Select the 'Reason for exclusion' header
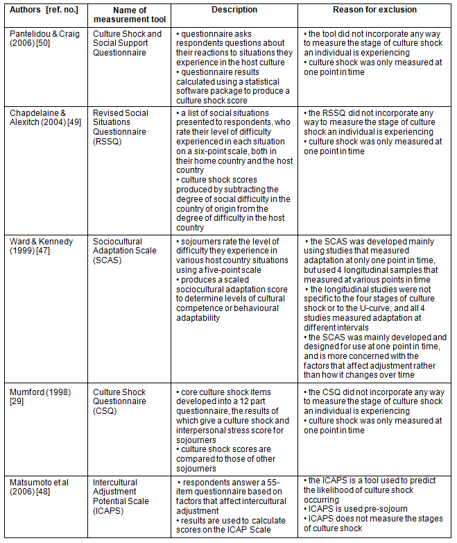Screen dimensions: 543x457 click(375, 10)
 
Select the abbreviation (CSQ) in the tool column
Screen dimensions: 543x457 click(105, 410)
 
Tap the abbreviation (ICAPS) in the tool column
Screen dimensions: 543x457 click(108, 510)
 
